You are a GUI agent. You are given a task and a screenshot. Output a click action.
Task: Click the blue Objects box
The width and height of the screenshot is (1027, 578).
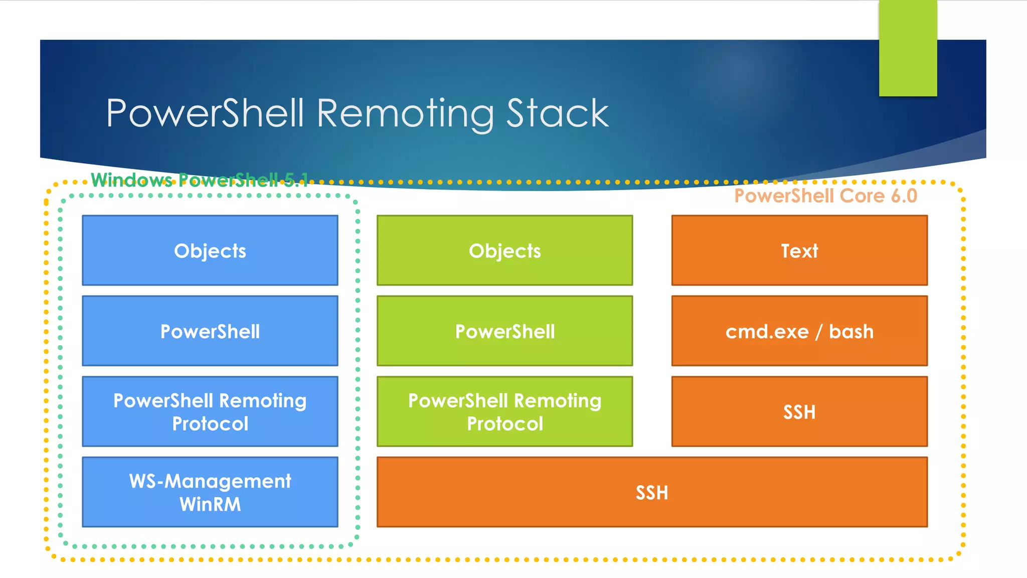pos(210,250)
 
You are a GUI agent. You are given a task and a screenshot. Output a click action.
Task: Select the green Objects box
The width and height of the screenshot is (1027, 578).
pos(504,250)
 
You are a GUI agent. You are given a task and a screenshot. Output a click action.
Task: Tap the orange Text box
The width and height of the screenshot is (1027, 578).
pos(799,250)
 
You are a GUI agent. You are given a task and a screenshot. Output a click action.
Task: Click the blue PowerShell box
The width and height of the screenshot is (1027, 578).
pos(210,331)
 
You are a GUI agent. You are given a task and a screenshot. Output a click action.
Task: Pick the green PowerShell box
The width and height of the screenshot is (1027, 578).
pos(504,331)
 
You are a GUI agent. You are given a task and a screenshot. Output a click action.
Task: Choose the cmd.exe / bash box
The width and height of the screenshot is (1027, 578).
pos(799,331)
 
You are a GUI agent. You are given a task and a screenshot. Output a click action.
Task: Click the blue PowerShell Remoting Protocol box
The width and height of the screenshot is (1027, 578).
pos(210,411)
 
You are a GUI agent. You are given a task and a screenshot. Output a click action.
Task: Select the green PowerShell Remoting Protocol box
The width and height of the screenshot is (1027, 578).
pos(504,411)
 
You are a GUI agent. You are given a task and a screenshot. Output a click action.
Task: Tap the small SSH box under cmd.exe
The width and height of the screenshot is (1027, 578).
pos(799,411)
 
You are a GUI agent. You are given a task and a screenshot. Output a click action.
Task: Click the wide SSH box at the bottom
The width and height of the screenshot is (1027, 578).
pos(652,492)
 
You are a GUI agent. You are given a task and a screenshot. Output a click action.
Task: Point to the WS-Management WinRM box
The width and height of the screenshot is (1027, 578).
pos(210,492)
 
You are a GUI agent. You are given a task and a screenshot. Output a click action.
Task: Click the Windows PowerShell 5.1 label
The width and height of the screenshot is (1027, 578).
pos(200,180)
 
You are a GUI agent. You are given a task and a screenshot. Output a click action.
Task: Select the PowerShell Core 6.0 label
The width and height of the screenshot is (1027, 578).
pos(825,196)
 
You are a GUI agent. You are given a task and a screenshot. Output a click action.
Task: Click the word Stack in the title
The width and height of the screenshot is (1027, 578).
pos(557,113)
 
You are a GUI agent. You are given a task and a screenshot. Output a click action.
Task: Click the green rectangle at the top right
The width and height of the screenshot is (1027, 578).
pos(908,48)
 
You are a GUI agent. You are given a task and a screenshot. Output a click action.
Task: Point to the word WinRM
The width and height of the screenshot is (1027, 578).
pos(210,504)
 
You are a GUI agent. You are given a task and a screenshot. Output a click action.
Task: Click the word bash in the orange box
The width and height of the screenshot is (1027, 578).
pos(851,332)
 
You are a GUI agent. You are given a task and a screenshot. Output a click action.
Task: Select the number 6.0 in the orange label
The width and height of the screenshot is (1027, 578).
pos(904,196)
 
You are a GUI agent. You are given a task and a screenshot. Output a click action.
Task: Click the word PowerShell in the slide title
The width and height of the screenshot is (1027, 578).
pos(205,113)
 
